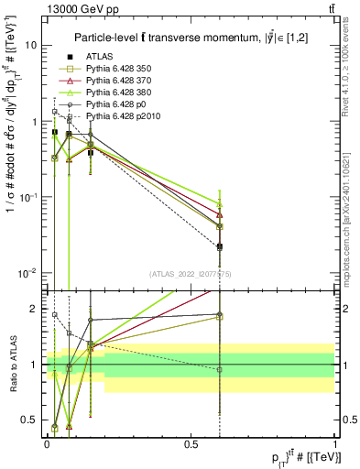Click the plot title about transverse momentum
coord(190,37)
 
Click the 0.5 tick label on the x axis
coord(191,445)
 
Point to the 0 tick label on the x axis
coord(47,445)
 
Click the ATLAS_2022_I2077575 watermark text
coord(191,273)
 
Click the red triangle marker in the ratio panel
coord(70,426)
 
